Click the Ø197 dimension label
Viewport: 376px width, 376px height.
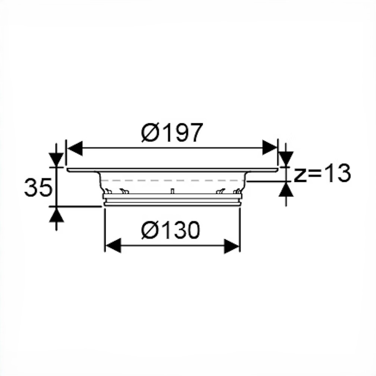(172, 133)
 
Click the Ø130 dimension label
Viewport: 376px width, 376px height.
(170, 230)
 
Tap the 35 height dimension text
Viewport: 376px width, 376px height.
(38, 187)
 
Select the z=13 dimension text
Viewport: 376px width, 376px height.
(322, 173)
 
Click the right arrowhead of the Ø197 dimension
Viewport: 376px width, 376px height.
(270, 148)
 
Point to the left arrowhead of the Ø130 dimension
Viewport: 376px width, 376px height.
(113, 245)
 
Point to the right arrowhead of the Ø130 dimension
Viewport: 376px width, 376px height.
(232, 246)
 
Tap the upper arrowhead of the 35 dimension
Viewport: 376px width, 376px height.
(56, 159)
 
